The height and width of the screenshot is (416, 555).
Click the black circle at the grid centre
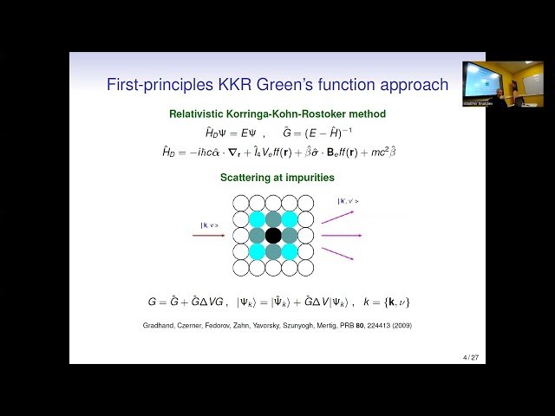tap(273, 235)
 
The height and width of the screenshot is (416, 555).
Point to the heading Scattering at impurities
tap(273, 178)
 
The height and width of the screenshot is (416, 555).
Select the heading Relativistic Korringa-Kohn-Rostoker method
tap(277, 114)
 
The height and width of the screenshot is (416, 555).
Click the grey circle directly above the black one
tap(273, 218)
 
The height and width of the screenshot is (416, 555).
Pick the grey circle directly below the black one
tap(273, 251)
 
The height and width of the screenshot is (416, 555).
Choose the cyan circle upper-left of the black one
tap(257, 218)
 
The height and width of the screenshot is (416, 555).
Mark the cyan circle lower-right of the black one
tap(290, 251)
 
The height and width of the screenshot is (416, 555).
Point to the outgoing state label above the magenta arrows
tap(348, 201)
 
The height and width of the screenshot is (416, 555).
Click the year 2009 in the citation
tap(400, 326)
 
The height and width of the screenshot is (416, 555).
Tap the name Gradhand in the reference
tap(160, 326)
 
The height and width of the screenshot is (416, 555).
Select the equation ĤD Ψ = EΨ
tap(228, 133)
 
